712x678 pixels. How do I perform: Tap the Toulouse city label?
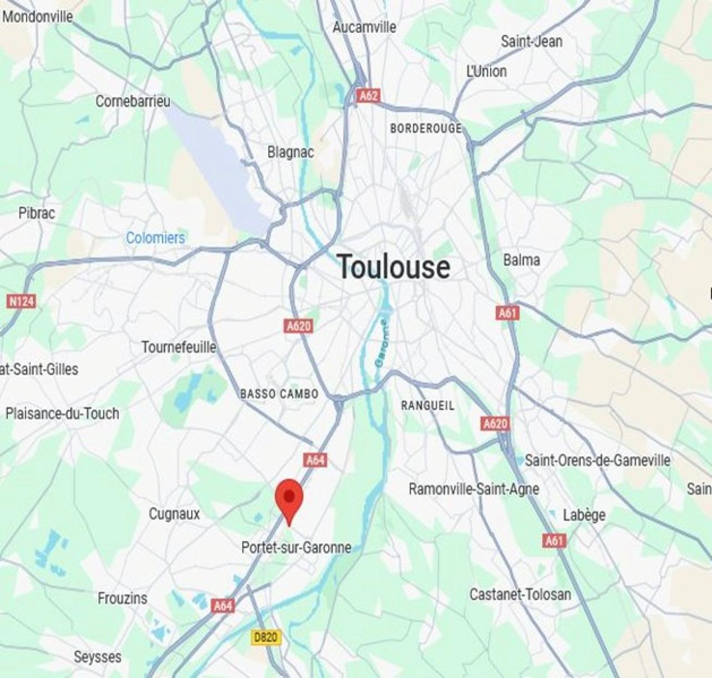coord(394,267)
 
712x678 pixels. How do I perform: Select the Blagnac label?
coord(290,152)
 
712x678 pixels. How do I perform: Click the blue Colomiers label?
coord(155,238)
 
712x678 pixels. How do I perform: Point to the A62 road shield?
coord(368,96)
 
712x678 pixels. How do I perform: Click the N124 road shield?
coord(21,301)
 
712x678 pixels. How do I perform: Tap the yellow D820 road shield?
coord(266,637)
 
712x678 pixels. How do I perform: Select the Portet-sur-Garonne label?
coord(296,547)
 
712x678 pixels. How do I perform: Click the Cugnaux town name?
coord(174,514)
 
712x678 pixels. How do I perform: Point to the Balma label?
coord(521,260)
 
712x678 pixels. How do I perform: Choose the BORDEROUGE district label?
coord(426,128)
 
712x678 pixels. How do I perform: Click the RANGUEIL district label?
coord(428,406)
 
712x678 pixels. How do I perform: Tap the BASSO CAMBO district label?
coord(279,394)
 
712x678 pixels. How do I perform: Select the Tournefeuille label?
coord(179,347)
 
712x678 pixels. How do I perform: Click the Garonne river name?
coord(382,342)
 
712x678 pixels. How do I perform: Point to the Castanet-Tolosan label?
coord(520,594)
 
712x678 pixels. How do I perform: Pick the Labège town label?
coord(584,515)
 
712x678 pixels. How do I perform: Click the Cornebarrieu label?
coord(133,101)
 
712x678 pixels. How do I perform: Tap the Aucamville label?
coord(364,27)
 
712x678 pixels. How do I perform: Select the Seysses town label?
coord(97,657)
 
